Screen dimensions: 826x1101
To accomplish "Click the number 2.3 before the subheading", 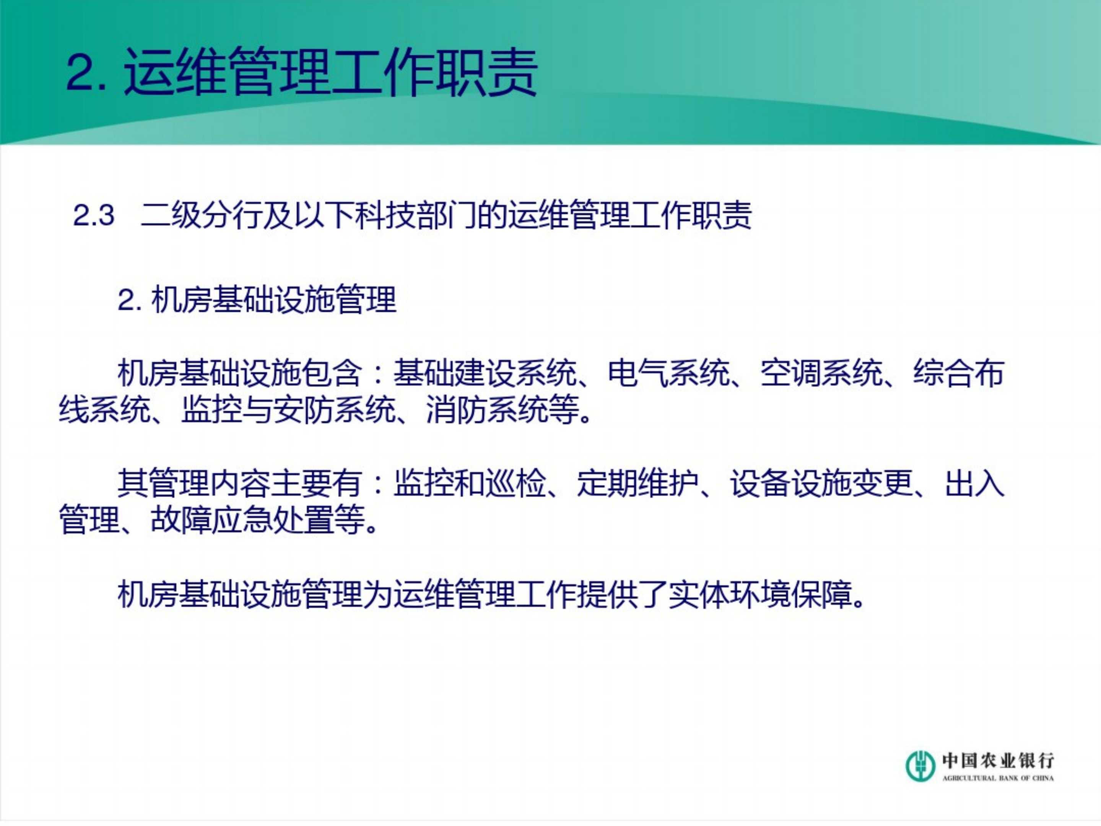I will tap(94, 216).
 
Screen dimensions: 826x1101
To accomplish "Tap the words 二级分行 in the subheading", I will tap(202, 216).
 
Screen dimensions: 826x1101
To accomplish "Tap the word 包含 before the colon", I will tap(332, 373).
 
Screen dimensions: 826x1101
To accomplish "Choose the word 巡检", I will tap(516, 484).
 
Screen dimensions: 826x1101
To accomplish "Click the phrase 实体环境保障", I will tap(759, 594).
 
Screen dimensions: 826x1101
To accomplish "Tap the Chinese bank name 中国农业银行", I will tap(997, 760).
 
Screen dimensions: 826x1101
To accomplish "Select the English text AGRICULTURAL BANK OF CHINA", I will tap(997, 778).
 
